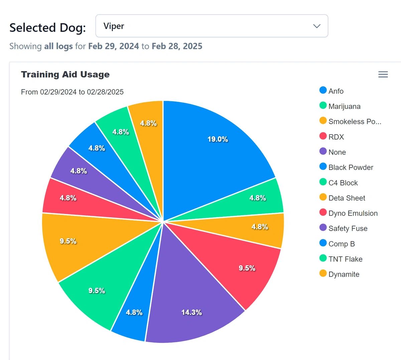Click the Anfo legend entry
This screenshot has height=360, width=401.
pos(336,91)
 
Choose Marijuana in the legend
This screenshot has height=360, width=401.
pos(344,107)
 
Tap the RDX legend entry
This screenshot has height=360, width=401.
pos(336,137)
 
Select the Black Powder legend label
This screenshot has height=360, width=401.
pos(351,167)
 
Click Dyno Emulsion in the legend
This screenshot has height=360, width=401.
pos(353,213)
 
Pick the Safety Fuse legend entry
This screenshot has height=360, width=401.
pos(348,229)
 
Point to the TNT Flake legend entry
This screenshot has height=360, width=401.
pos(345,259)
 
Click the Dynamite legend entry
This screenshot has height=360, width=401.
pos(344,274)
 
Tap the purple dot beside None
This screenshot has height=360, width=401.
pos(323,151)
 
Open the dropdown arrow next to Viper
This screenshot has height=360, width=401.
pos(316,26)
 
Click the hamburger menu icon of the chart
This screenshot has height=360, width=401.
pos(383,75)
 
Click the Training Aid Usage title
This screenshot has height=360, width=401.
pos(65,75)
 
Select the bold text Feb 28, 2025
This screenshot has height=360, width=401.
pos(177,46)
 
